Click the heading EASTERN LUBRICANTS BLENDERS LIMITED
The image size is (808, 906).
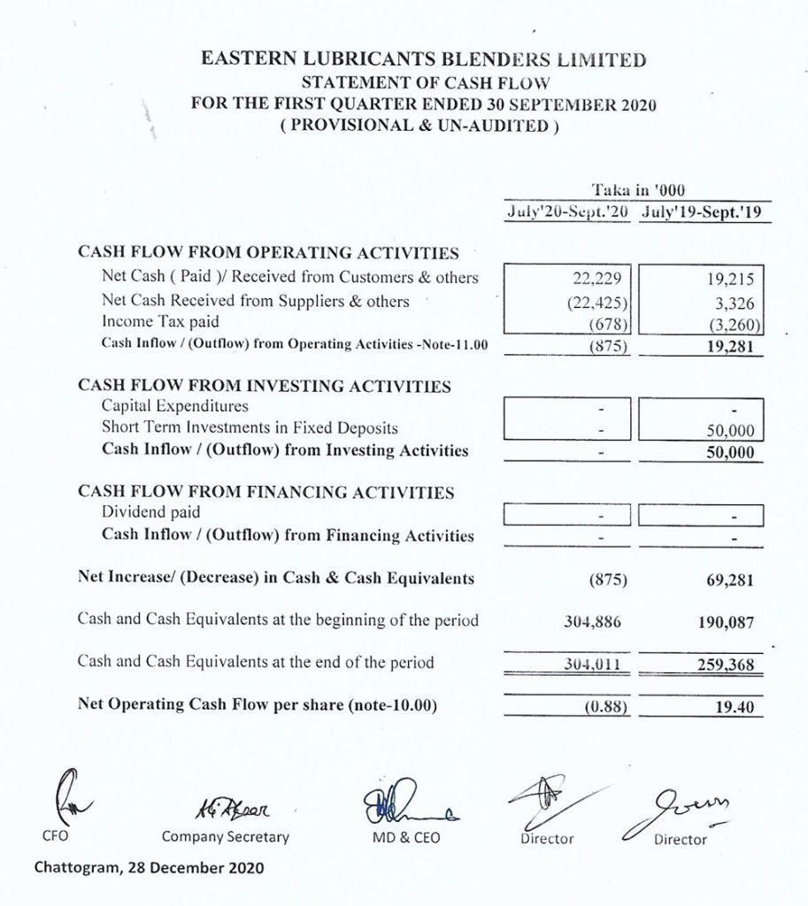click(424, 61)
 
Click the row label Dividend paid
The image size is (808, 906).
click(151, 512)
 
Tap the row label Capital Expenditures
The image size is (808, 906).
click(175, 406)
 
